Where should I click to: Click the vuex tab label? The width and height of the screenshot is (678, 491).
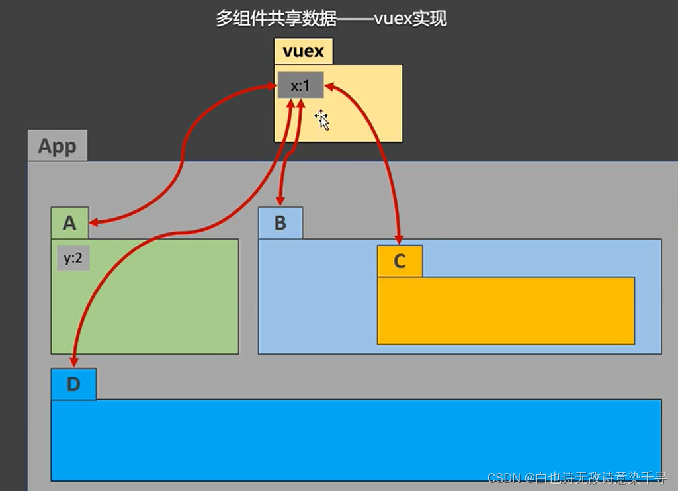(x=304, y=51)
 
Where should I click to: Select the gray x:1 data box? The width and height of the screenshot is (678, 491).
(x=300, y=85)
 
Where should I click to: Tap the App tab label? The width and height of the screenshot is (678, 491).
(x=57, y=146)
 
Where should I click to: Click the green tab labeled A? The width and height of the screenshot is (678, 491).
(x=69, y=224)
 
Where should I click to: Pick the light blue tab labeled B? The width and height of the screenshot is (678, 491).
(x=280, y=223)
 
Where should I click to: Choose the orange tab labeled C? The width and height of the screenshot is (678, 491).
(x=399, y=261)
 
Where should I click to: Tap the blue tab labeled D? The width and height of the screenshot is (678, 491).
(x=73, y=384)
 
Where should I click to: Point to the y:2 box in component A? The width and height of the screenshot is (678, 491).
(x=73, y=259)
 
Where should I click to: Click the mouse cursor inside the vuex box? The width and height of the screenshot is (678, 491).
(x=323, y=120)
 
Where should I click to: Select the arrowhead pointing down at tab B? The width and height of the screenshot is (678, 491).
(x=280, y=200)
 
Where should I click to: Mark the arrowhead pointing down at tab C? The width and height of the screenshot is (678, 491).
(x=399, y=238)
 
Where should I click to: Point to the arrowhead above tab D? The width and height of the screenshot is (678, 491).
(x=73, y=361)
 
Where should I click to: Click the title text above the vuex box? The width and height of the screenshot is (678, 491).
(x=331, y=19)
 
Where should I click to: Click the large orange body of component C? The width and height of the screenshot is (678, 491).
(x=505, y=310)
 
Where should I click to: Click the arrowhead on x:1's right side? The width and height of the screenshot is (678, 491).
(x=329, y=86)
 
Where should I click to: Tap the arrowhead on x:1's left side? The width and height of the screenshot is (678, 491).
(x=273, y=86)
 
